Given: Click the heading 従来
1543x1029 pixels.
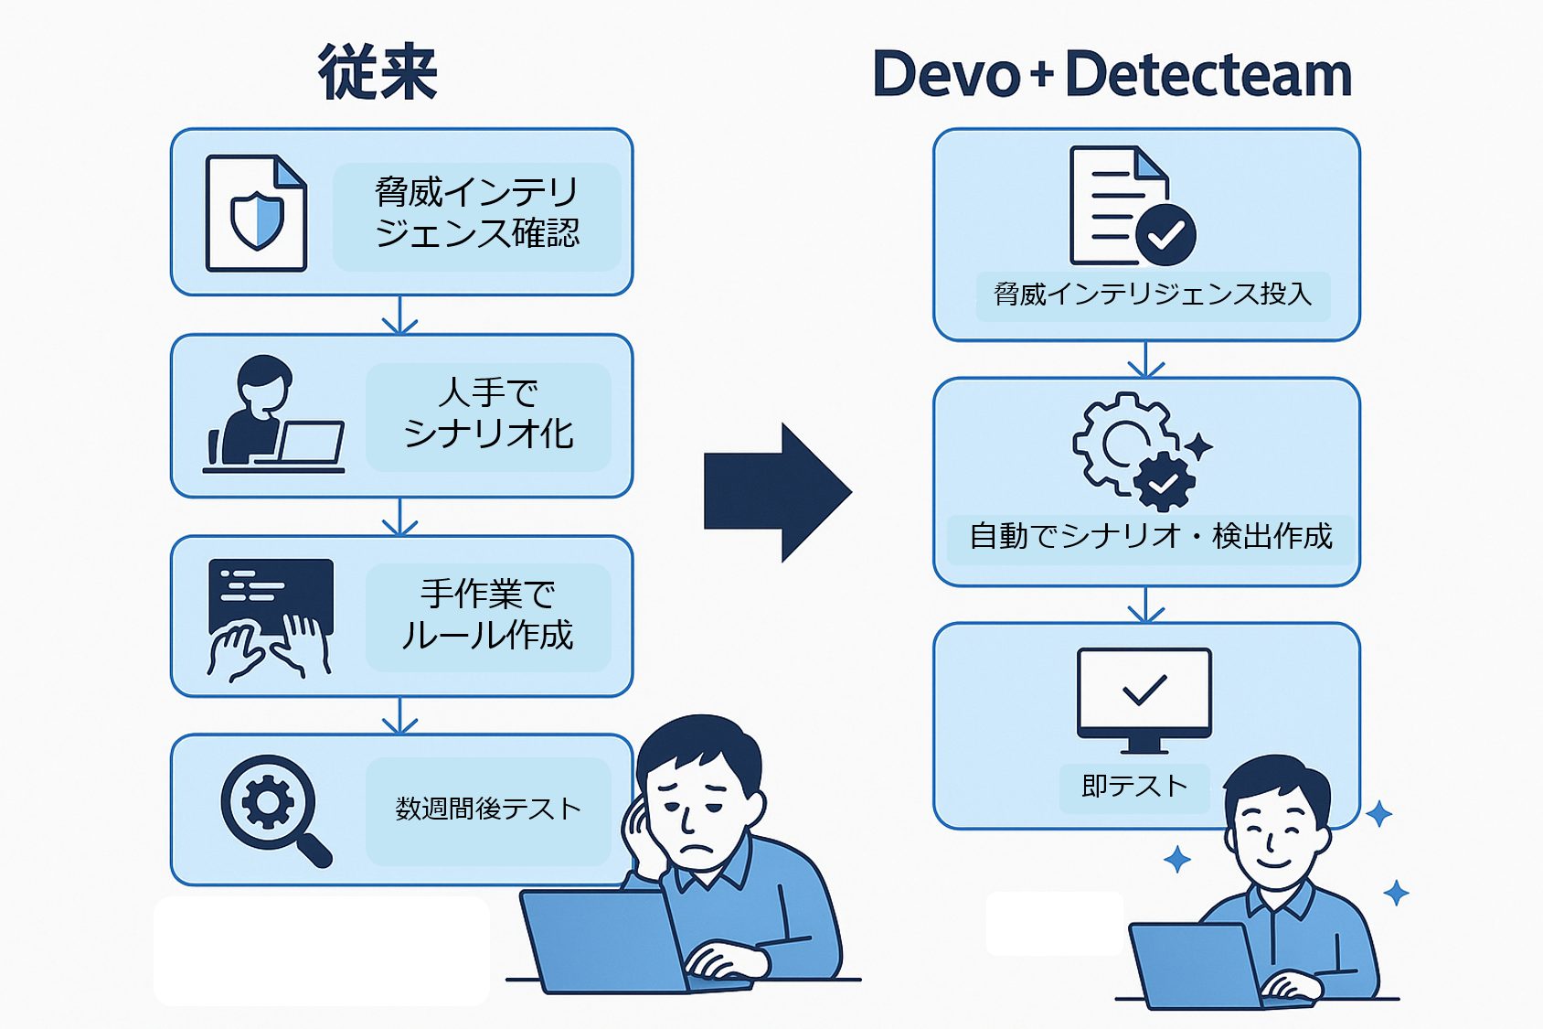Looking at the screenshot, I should click(378, 72).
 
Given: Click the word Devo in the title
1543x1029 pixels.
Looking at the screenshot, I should click(945, 74).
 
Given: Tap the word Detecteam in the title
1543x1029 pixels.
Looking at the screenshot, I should click(1208, 74).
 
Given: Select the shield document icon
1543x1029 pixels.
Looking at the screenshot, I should click(256, 213).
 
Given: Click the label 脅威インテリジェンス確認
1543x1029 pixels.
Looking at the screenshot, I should click(476, 213).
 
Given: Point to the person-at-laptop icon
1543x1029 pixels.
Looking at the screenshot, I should click(272, 414).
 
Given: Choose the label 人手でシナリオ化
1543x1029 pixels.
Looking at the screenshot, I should click(488, 414).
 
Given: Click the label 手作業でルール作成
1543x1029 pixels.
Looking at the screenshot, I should click(488, 616).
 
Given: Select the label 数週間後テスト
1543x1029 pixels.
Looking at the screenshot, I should click(488, 809).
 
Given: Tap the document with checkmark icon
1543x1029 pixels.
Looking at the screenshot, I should click(1133, 207).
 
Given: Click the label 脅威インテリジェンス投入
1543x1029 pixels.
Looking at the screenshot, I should click(1153, 295).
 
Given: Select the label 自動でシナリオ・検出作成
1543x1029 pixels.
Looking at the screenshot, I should click(1151, 536).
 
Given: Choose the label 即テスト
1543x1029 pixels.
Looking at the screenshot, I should click(1134, 787).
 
